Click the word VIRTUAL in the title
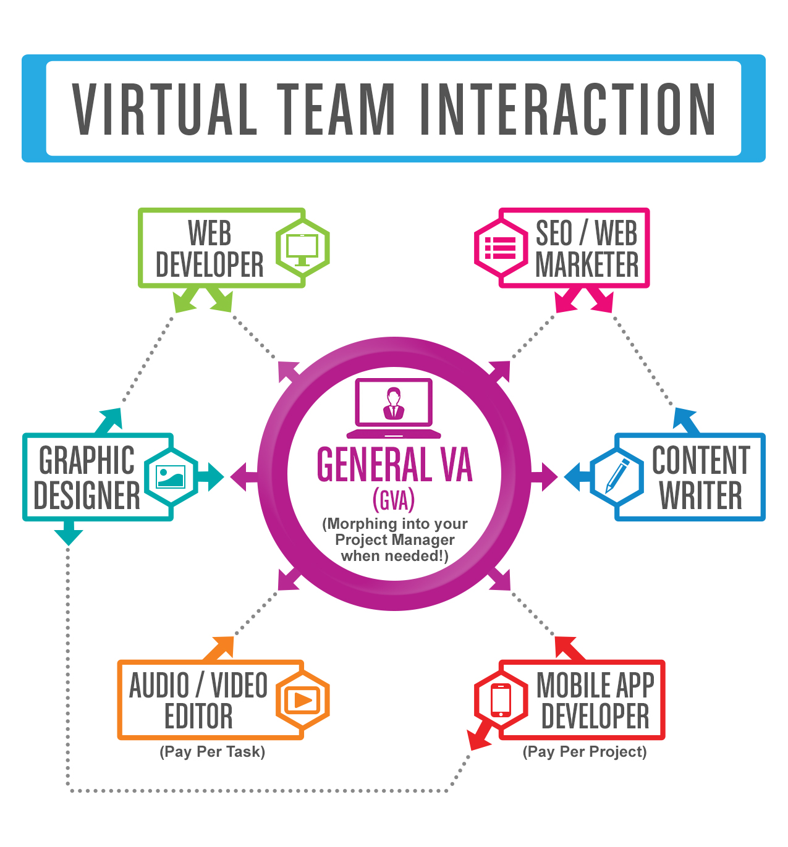164,109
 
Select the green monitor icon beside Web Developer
302,248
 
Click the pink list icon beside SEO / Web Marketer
501,248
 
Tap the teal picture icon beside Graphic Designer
171,476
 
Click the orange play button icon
302,700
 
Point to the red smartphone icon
501,700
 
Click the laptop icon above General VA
394,408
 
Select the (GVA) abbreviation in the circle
394,500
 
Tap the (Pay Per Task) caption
212,752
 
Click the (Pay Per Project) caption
585,752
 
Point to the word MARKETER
587,265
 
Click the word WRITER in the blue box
700,495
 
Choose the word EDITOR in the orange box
198,717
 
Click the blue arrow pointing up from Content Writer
687,419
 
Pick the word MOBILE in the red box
574,685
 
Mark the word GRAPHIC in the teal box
87,460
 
